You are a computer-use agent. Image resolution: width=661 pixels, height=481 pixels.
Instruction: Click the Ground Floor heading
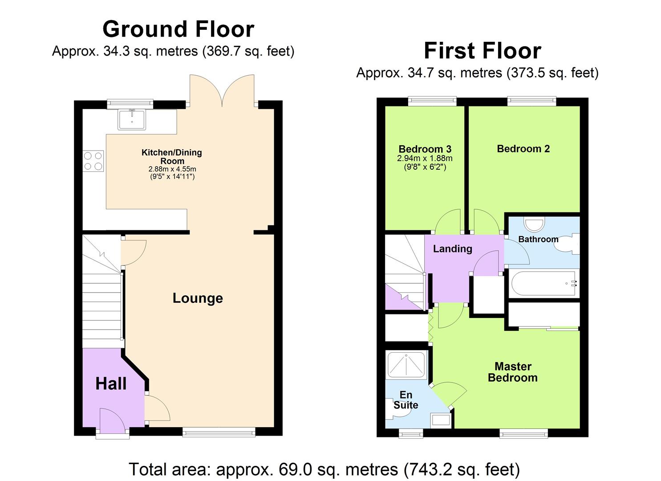point(178,29)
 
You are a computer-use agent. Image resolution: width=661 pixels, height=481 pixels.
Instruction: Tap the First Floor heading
point(482,51)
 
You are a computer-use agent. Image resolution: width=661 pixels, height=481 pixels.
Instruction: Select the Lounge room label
point(198,298)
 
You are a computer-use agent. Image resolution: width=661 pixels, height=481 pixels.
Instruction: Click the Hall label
point(111,383)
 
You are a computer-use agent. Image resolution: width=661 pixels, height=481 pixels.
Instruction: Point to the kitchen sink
point(132,119)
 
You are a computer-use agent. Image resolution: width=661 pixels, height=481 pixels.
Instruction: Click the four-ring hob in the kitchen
point(93,161)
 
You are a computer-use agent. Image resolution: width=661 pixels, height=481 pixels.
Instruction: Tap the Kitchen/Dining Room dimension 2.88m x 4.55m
point(172,169)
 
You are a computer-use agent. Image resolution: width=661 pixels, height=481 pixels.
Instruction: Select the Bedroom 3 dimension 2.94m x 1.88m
point(425,159)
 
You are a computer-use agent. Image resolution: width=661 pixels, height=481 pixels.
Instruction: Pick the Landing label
point(452,249)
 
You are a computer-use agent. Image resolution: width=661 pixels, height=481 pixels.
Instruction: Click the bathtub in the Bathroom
point(544,284)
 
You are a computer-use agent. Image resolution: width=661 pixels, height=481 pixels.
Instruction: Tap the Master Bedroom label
point(513,372)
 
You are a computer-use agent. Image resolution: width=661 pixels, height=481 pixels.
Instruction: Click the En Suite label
point(406,400)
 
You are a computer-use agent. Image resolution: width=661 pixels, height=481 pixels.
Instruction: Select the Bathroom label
point(538,239)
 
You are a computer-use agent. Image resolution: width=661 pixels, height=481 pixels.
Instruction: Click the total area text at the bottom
point(324,469)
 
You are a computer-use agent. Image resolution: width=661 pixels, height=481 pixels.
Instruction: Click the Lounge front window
point(219,431)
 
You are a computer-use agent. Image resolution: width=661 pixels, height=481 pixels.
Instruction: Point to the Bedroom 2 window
point(531,102)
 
